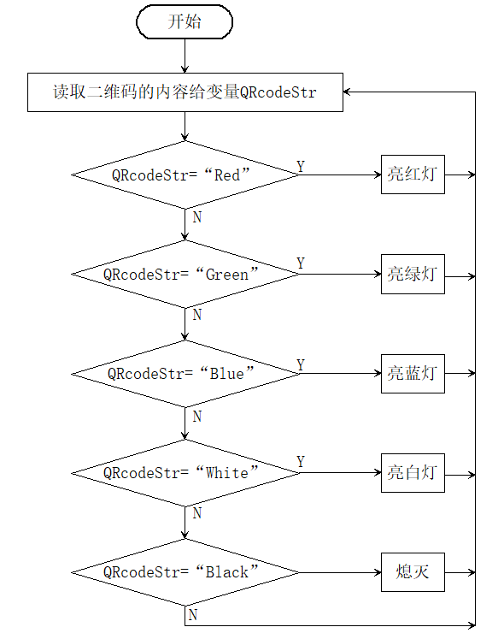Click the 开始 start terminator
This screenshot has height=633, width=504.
coord(185,21)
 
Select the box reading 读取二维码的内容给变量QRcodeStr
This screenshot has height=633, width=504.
coord(185,92)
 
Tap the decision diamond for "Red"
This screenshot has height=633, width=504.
coord(185,175)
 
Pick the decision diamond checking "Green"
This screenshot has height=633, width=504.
coord(185,274)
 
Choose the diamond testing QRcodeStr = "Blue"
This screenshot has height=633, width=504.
coord(185,374)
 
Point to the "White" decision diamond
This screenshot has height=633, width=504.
coord(185,473)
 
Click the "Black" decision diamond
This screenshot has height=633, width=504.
coord(185,572)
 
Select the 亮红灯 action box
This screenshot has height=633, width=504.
coord(413,175)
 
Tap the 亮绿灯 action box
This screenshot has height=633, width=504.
coord(413,274)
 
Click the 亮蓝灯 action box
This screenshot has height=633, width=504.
coord(413,374)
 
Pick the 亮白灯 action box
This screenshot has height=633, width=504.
coord(413,473)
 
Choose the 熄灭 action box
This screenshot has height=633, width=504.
coord(413,572)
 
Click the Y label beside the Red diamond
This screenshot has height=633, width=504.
coord(301,166)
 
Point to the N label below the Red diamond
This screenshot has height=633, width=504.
coord(197,217)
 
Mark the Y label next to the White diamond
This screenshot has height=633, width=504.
coord(301,461)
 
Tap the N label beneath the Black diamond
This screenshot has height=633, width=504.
coord(193,615)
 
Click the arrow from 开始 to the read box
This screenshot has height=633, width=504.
coord(185,56)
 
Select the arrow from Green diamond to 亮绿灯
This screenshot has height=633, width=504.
coord(340,274)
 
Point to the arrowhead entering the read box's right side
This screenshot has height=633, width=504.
coord(347,92)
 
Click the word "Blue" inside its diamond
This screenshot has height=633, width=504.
coord(227,374)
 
